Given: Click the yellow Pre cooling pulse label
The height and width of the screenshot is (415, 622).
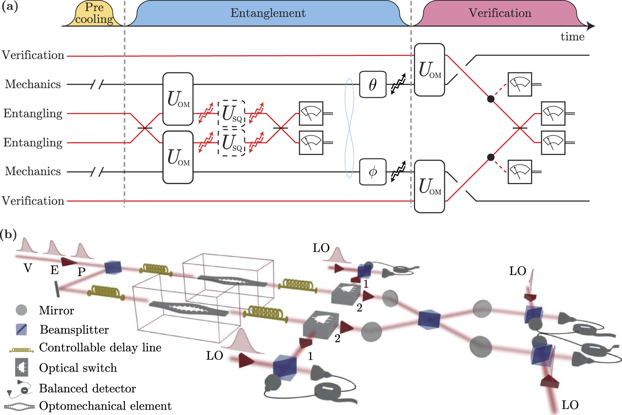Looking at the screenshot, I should point(94,14).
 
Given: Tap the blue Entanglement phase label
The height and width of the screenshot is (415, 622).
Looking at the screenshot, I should point(268,13).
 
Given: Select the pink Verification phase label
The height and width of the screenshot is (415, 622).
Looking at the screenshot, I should point(499,13).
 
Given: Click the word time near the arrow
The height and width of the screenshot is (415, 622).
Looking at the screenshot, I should point(572,37).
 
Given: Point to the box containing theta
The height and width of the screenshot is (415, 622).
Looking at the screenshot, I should point(373,84).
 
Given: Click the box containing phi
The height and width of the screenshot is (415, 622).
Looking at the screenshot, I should point(373,172).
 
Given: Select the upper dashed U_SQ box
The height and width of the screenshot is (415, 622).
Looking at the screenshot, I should point(232,113).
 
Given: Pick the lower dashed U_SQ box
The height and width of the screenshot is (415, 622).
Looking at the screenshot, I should point(232,143).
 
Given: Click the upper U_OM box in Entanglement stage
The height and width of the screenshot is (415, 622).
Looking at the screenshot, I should point(178,99).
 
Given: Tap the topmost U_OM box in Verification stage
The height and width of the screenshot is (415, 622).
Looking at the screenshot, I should point(429,70).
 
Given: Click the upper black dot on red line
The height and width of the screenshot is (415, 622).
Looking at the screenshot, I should point(491,99).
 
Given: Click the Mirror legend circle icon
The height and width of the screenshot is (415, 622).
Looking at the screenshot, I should point(21,310).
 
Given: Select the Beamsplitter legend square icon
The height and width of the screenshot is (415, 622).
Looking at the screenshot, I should point(21,330).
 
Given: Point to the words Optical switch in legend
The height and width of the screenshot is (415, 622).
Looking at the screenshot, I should point(78,368).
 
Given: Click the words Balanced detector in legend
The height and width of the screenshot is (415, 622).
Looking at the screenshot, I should point(88,389).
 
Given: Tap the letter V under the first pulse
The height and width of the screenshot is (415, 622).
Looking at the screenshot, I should point(28,268).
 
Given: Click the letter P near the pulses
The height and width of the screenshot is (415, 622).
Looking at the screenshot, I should point(81,272).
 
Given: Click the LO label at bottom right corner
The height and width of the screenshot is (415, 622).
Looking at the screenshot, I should point(570,405).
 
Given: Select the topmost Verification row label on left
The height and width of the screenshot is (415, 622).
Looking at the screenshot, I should point(33,55).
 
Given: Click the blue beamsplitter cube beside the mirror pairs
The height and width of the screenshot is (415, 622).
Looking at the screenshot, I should point(429,319).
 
